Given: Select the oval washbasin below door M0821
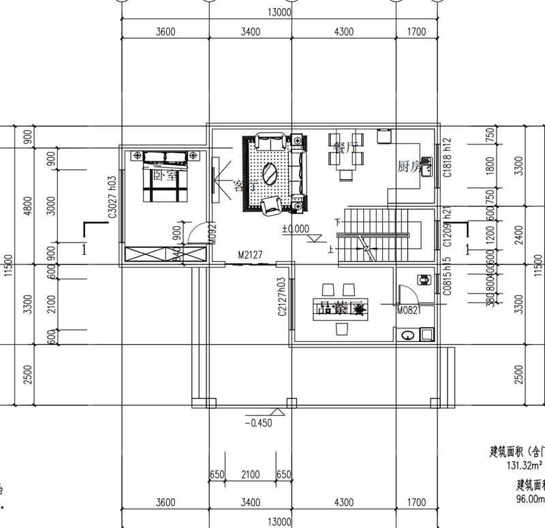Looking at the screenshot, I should [407, 335].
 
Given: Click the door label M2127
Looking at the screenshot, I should [251, 255].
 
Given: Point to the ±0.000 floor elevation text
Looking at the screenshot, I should [295, 229].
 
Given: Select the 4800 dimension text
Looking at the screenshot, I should [28, 204].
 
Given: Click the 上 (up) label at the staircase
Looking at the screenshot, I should [332, 249].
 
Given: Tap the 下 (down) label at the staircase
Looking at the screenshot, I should [337, 221].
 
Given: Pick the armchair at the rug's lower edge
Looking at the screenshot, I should [271, 203].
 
